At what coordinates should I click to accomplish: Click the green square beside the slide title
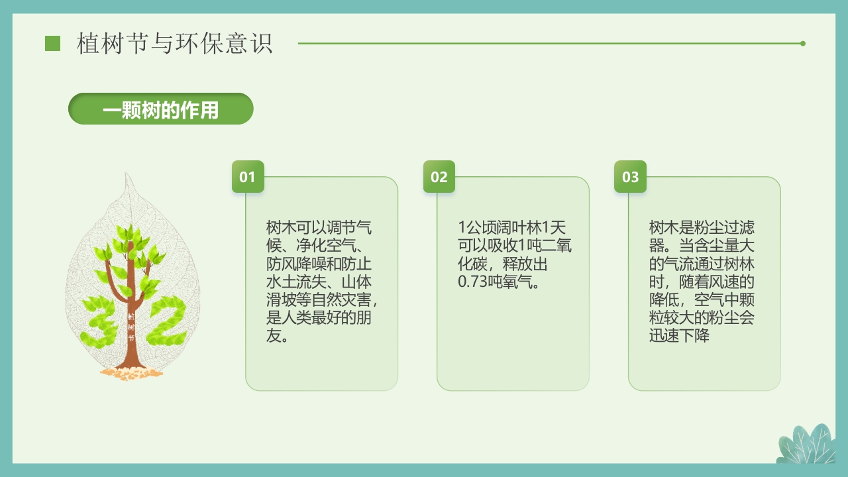52,44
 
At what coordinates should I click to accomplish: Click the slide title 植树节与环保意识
174,44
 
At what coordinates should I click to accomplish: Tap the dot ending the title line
803,44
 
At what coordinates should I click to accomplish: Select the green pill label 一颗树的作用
161,109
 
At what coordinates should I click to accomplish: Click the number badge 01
248,177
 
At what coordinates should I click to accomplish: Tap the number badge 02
439,177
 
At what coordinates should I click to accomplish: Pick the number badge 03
630,177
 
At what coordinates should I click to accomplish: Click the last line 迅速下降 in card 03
679,336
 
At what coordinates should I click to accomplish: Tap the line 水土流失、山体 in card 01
319,282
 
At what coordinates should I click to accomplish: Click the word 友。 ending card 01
277,336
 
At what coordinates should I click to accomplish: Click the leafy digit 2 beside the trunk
165,321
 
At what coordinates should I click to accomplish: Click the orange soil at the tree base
131,374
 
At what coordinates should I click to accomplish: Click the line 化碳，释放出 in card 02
503,264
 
